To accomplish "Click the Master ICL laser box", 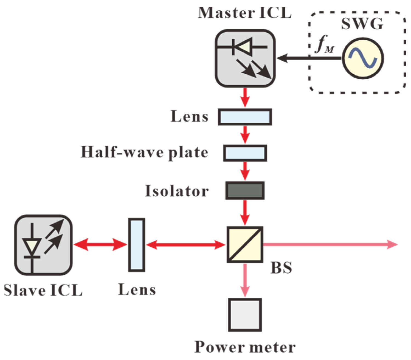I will (x=245, y=58).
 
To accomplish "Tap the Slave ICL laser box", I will (x=43, y=245).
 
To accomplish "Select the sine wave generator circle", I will (x=363, y=58).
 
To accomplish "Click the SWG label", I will (x=362, y=24).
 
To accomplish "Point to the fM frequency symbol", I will (x=325, y=45).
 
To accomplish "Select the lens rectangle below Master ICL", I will (x=245, y=117).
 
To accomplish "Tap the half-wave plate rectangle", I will (x=245, y=153).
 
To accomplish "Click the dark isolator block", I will (x=245, y=190).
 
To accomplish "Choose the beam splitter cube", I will (x=245, y=244).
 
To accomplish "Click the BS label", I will (x=281, y=268).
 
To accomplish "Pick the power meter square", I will (x=245, y=315).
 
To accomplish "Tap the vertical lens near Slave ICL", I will (x=137, y=245).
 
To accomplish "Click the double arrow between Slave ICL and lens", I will (x=100, y=244).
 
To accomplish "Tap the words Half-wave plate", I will (x=144, y=152).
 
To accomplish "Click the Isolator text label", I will (x=177, y=191).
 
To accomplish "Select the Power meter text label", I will (x=245, y=347).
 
